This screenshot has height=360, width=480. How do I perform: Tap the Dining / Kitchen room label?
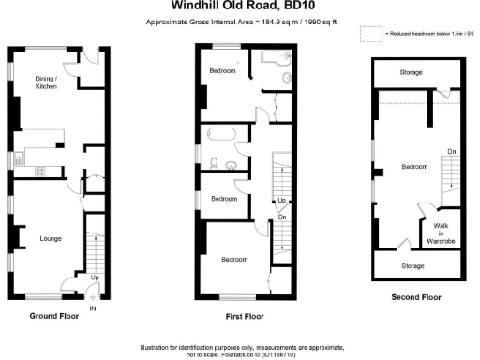point(46,82)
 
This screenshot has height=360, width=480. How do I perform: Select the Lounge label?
point(51,239)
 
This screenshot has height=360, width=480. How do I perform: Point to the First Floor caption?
point(244,317)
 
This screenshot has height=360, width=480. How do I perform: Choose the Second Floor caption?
point(415,297)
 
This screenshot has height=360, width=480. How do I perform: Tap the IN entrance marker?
point(93,308)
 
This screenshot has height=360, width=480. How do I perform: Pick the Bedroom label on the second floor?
point(414,167)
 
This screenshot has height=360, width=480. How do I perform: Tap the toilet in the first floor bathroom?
point(216,163)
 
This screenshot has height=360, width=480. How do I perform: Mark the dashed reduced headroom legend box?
point(372,34)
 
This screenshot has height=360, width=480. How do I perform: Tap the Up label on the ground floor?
point(95,277)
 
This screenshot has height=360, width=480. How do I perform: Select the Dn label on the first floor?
point(282,217)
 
